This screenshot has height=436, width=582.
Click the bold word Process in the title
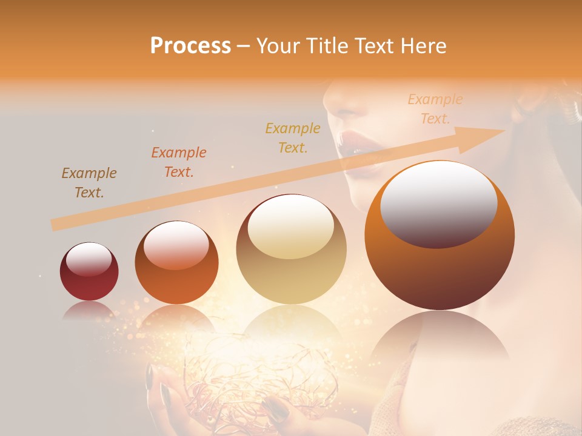190,46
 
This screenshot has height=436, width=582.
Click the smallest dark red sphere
89,271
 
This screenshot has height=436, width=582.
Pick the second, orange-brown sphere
176,262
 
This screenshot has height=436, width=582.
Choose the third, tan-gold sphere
292,249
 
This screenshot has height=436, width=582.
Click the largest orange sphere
440,236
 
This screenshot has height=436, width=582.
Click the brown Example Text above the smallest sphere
89,183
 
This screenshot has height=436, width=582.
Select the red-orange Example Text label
179,162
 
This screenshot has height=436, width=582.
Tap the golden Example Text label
293,137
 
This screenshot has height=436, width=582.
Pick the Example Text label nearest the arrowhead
435,109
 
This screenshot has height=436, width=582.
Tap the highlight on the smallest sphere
89,259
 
